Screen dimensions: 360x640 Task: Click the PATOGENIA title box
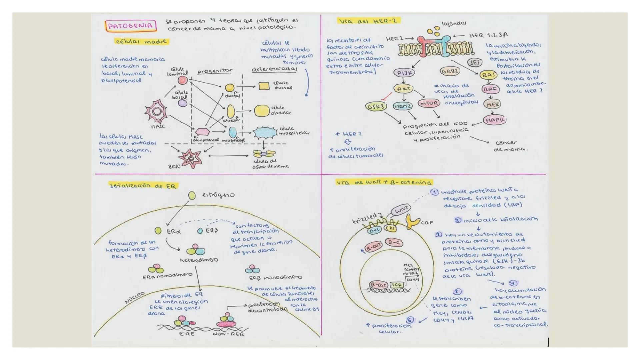[x=131, y=26]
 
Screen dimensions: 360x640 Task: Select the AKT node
[x=403, y=89]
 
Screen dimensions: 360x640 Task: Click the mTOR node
[x=429, y=103]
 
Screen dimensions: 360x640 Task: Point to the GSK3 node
[x=376, y=107]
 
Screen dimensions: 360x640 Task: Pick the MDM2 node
[x=403, y=107]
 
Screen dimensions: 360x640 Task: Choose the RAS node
[x=488, y=75]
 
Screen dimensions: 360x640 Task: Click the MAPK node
[x=494, y=120]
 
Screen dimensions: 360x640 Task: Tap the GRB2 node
[x=450, y=71]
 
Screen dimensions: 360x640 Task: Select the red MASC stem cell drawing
[x=156, y=112]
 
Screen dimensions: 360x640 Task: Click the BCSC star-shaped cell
[x=190, y=158]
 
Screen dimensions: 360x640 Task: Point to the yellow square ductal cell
[x=264, y=86]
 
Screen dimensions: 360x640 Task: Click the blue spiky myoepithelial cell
[x=265, y=133]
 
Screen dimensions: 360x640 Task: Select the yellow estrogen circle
[x=192, y=196]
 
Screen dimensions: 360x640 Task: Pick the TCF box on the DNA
[x=397, y=285]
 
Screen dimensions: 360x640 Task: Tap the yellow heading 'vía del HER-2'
[x=368, y=21]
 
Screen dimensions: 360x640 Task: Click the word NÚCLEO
[x=135, y=298]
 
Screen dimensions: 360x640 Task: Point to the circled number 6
[x=410, y=320]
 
